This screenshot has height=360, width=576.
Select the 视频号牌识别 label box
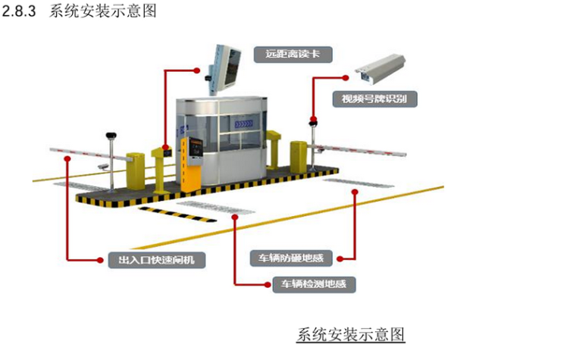coord(374,99)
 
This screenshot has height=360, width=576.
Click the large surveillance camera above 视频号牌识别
coord(383,69)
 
